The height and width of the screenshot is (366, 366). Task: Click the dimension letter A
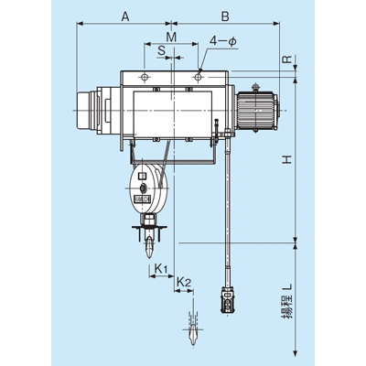[x=125, y=16]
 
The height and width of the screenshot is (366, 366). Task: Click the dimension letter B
[x=225, y=16]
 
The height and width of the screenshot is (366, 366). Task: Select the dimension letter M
[x=171, y=37]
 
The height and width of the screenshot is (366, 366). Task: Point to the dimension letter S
[x=161, y=50]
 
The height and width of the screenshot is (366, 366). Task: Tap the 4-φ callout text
[x=223, y=41]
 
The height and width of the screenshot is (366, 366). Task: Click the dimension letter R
[x=287, y=59]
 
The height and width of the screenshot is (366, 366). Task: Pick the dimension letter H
[x=287, y=159]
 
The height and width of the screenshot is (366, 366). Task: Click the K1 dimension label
[x=161, y=269]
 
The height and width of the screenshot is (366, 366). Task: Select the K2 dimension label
[x=184, y=282]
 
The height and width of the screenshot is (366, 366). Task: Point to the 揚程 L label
[x=287, y=301]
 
